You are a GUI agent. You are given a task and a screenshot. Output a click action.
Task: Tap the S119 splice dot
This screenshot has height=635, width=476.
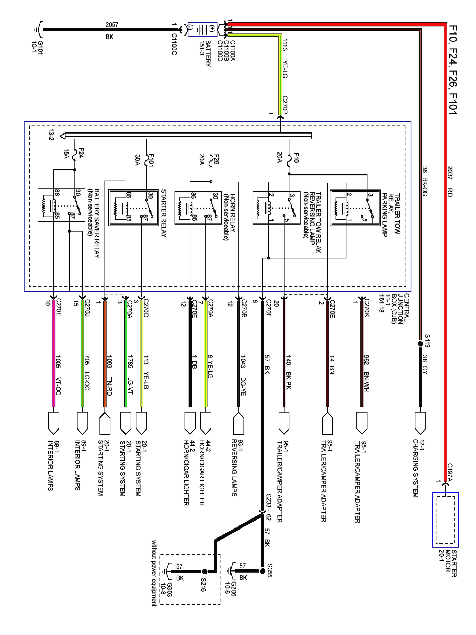[x=420, y=344]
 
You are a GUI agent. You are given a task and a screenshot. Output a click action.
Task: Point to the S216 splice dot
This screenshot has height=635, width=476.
[x=205, y=571]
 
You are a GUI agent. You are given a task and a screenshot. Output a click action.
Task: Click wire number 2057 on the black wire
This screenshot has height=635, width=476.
[x=112, y=25]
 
